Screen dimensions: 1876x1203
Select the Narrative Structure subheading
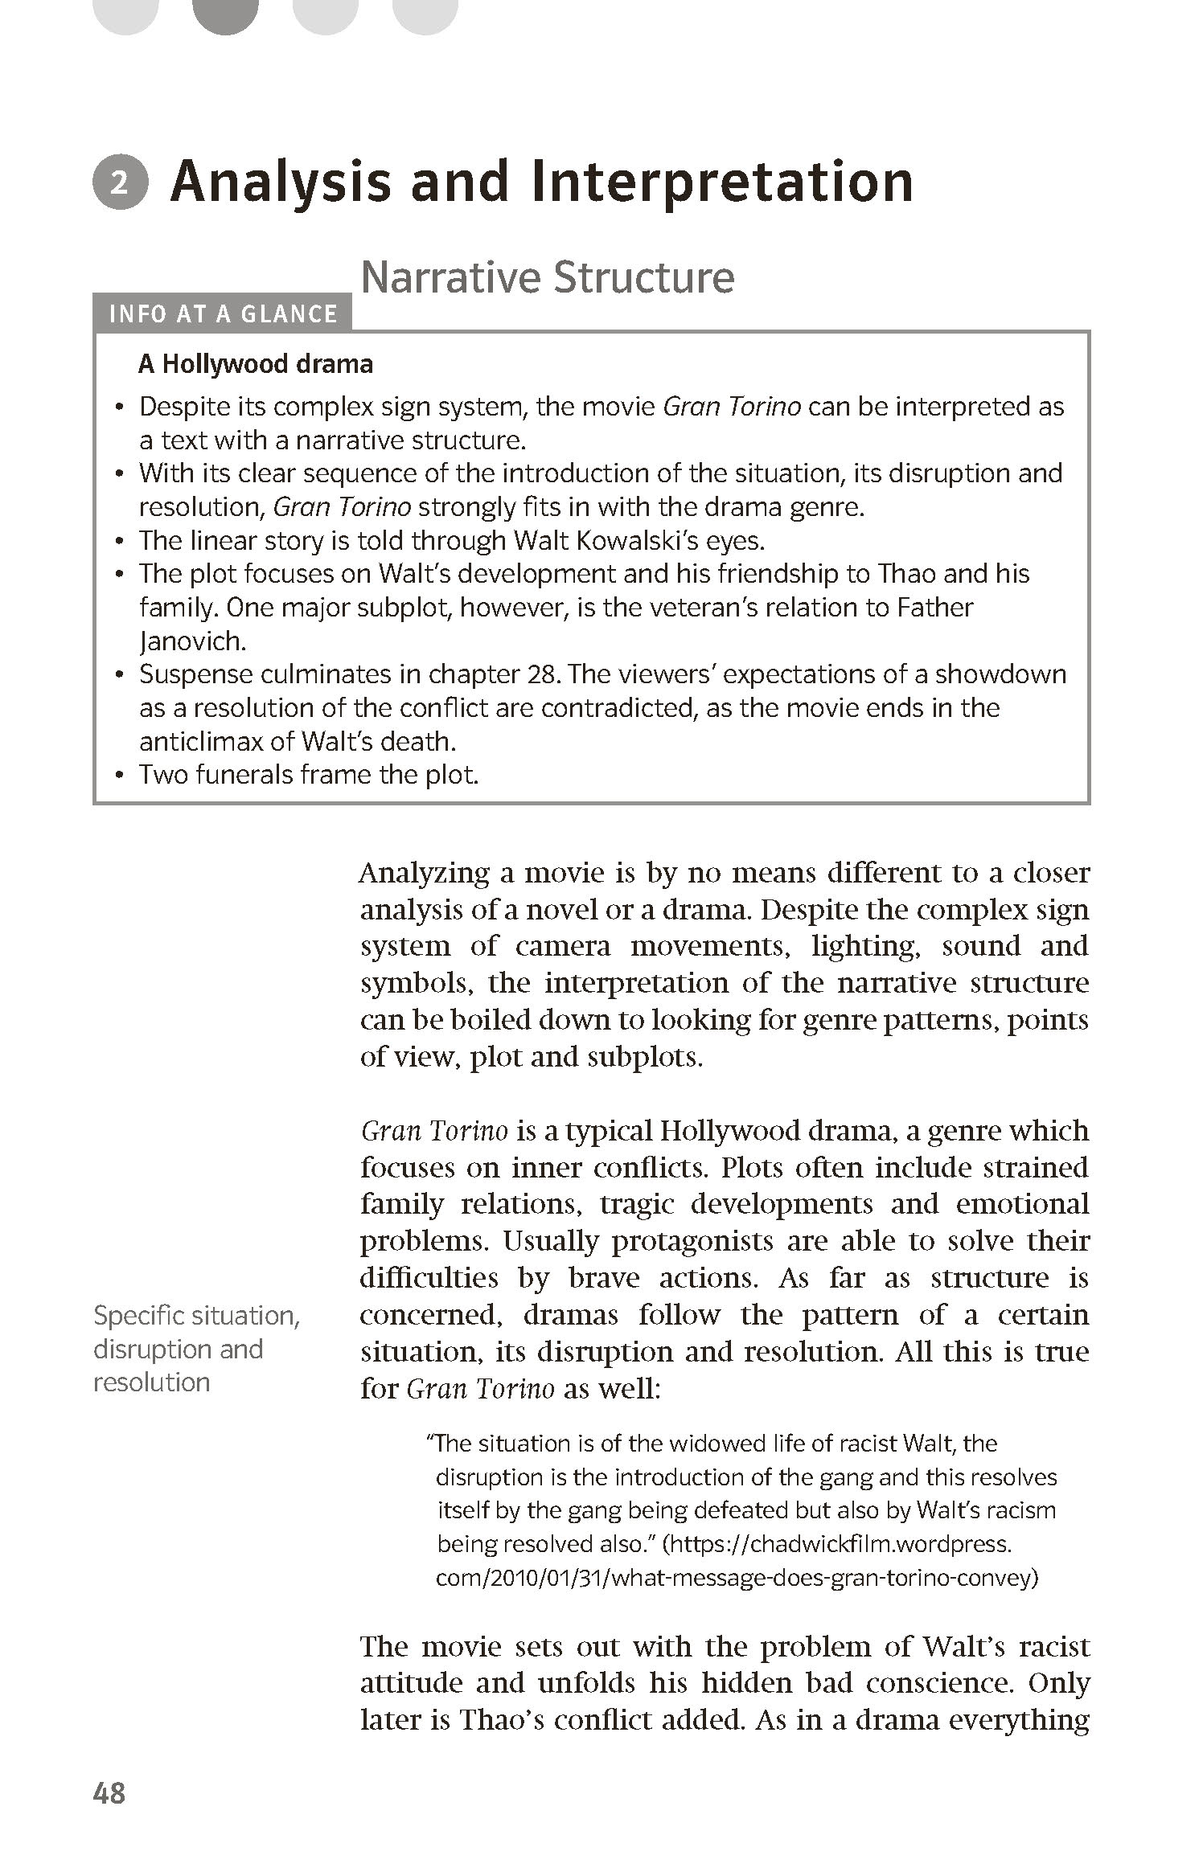pyautogui.click(x=547, y=277)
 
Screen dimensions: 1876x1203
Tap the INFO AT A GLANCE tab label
pyautogui.click(x=223, y=313)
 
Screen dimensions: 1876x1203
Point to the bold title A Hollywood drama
pyautogui.click(x=256, y=364)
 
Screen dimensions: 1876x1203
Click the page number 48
pyautogui.click(x=109, y=1816)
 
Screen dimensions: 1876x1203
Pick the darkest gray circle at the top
pyautogui.click(x=226, y=11)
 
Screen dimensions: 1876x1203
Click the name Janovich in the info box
pyautogui.click(x=191, y=641)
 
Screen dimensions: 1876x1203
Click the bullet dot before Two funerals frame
pyautogui.click(x=120, y=776)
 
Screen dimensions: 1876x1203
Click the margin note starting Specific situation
pyautogui.click(x=195, y=1349)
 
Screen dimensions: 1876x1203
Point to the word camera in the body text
pyautogui.click(x=562, y=946)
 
